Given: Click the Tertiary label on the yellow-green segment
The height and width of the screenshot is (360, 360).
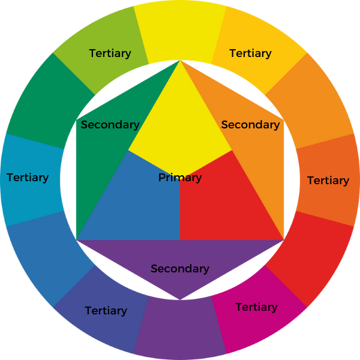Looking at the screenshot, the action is (110, 53).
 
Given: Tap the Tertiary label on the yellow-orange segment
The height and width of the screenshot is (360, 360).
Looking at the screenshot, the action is (250, 53).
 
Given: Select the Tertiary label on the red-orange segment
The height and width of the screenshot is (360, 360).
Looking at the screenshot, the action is (328, 181).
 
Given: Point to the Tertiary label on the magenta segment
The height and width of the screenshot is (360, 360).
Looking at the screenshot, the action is (257, 307).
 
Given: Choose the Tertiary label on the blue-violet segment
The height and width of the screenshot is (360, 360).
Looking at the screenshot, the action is (106, 311).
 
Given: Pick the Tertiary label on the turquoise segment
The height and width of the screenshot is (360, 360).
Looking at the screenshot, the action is (28, 178).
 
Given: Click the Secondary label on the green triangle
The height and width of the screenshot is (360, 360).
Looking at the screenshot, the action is (110, 125).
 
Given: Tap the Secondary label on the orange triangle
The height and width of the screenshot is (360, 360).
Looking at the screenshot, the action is (250, 125).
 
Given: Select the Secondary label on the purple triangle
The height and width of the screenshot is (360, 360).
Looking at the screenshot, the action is (180, 269).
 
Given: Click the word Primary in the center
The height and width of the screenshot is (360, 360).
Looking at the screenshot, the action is (180, 178).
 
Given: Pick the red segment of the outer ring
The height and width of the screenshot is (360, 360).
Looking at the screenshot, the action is (312, 258).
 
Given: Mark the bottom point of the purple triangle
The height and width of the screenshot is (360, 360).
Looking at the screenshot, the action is (180, 299).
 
